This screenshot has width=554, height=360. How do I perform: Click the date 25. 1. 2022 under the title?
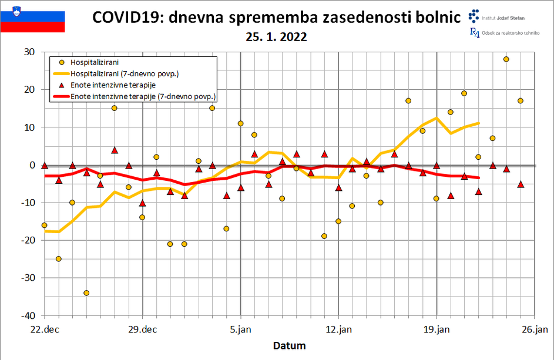point(277,36)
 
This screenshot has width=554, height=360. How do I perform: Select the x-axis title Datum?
point(289,345)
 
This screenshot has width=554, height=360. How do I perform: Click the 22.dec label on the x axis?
point(45,329)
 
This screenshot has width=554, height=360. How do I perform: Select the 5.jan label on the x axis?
point(241,329)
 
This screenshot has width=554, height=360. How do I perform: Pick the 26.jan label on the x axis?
point(535,329)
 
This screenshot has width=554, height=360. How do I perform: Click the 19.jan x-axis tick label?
point(437,329)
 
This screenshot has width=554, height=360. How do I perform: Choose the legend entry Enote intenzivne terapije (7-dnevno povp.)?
point(143,96)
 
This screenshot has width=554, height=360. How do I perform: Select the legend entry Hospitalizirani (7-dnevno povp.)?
point(124,73)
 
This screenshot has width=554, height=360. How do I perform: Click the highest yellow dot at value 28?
point(506,59)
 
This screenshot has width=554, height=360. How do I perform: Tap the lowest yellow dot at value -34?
point(86,293)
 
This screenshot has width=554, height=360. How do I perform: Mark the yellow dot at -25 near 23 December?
point(58,259)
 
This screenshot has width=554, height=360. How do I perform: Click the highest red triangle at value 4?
point(115,150)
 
